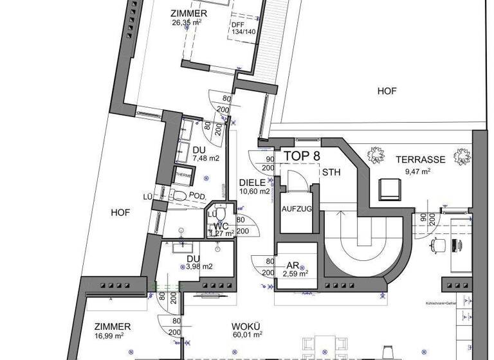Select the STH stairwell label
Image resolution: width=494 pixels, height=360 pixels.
[x=331, y=172]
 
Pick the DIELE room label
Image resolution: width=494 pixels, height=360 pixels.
[x=252, y=182]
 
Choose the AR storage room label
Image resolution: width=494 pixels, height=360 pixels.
[x=293, y=264]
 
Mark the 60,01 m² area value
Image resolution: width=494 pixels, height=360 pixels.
[x=247, y=334]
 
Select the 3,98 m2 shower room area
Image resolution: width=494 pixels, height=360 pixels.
[x=199, y=266]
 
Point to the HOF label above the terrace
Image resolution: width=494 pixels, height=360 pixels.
[x=387, y=91]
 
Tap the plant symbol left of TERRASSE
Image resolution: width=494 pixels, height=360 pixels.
[x=374, y=156]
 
